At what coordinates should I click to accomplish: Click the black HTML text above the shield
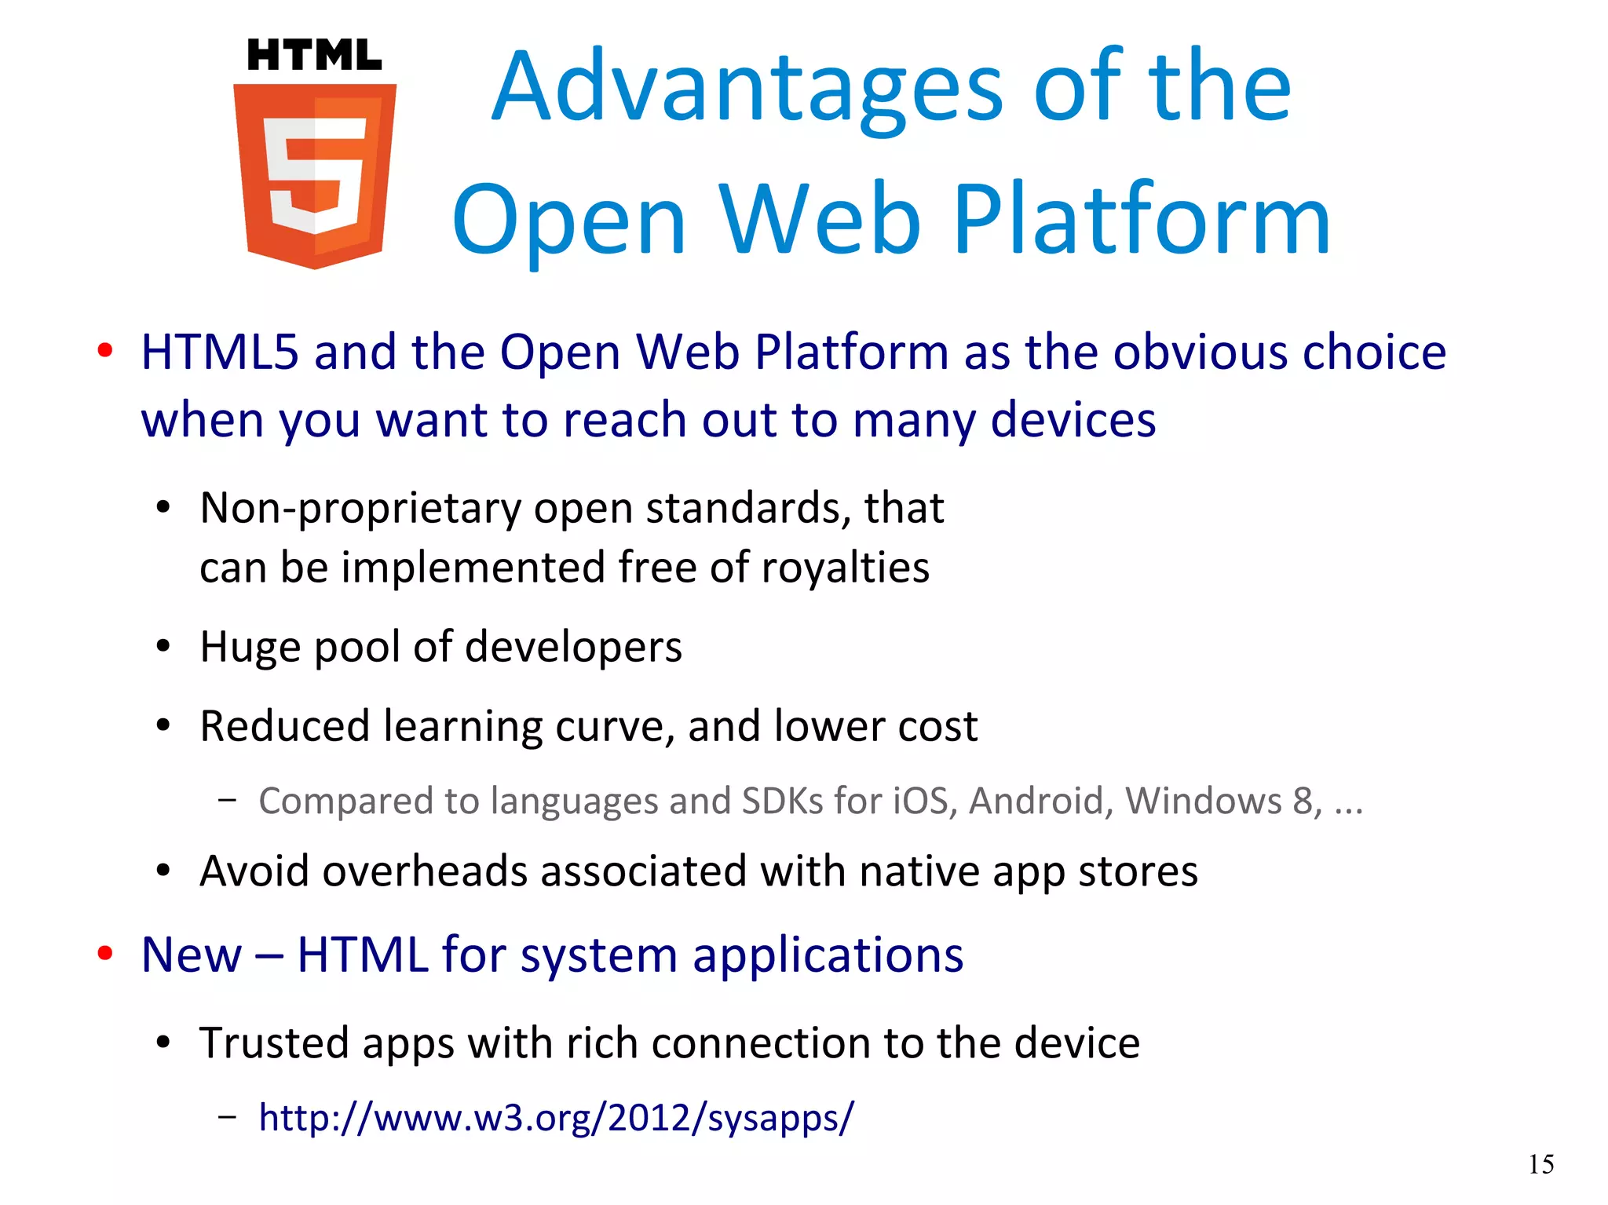pyautogui.click(x=314, y=56)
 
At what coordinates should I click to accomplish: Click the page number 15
pyautogui.click(x=1540, y=1164)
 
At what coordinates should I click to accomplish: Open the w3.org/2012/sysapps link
pyautogui.click(x=556, y=1117)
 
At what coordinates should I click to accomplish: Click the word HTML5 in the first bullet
pyautogui.click(x=220, y=352)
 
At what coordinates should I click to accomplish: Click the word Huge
pyautogui.click(x=250, y=648)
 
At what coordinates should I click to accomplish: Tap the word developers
pyautogui.click(x=573, y=648)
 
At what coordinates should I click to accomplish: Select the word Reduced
pyautogui.click(x=284, y=726)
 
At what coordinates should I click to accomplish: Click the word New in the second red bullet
pyautogui.click(x=192, y=955)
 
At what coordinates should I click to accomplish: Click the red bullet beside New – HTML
pyautogui.click(x=104, y=954)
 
